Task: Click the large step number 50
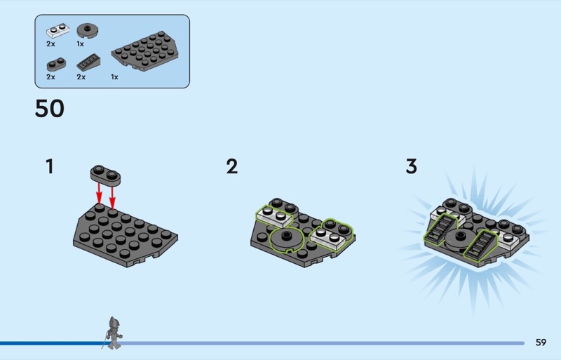tap(50, 108)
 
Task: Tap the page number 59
tap(541, 342)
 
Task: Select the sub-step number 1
tap(50, 166)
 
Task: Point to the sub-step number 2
tap(232, 166)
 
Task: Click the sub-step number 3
tap(412, 166)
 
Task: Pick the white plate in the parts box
tap(58, 31)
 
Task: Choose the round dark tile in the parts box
tap(88, 31)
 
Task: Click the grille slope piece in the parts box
tap(88, 62)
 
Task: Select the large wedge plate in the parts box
tap(145, 51)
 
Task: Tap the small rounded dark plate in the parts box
tap(56, 64)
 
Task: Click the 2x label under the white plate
tap(50, 44)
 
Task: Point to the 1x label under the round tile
tap(80, 44)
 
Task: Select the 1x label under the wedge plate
tap(114, 77)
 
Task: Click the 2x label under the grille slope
tap(81, 77)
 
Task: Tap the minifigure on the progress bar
tap(114, 333)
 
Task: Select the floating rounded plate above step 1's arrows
tap(106, 175)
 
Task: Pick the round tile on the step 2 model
tap(286, 239)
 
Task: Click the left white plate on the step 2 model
tap(274, 215)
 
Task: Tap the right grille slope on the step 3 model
tap(481, 245)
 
